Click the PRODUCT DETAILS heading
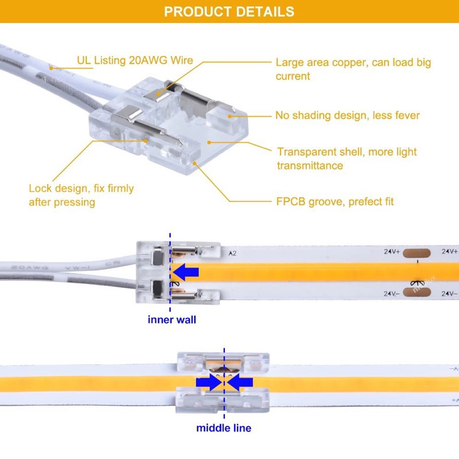pos(229,11)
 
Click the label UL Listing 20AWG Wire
pos(135,60)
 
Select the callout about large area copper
pos(353,69)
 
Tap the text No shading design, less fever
pos(348,116)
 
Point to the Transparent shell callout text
pos(347,159)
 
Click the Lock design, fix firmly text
pos(81,195)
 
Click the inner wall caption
pos(172,320)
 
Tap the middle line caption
pos(224,428)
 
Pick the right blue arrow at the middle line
pos(240,382)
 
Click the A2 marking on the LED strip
pos(233,252)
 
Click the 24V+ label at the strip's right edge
pos(449,251)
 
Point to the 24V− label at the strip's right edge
pos(449,293)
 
